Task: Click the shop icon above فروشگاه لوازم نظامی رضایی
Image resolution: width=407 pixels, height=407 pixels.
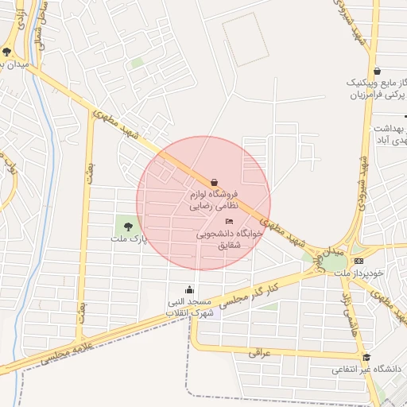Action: [215, 181]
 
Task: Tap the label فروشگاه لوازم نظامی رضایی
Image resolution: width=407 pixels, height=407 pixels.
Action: [211, 200]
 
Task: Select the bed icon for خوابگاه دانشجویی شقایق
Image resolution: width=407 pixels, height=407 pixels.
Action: [231, 221]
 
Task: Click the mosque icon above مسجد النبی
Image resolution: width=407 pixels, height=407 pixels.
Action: [189, 289]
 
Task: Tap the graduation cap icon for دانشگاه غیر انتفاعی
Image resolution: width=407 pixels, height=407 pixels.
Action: [366, 357]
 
